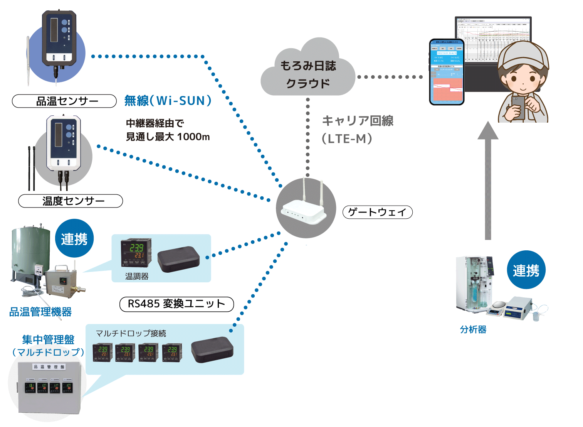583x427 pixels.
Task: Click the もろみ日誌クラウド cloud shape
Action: click(x=307, y=71)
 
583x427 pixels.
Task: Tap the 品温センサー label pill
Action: click(x=64, y=101)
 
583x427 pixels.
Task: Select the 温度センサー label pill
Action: click(x=71, y=201)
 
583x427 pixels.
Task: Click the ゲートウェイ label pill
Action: click(x=377, y=212)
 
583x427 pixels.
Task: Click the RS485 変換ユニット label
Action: click(x=176, y=304)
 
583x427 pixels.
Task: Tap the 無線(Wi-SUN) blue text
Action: click(x=168, y=101)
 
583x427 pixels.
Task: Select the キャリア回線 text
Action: click(x=357, y=121)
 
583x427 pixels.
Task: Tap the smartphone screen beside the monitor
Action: click(x=447, y=73)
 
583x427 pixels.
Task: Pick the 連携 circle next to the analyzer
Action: click(x=526, y=270)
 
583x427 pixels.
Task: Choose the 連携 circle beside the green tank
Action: click(x=74, y=239)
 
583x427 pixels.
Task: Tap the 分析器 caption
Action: click(x=473, y=329)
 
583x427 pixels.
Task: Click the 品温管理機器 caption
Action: click(x=40, y=312)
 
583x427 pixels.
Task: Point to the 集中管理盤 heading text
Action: click(x=48, y=339)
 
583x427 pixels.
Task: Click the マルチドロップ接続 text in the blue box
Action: click(x=131, y=333)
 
